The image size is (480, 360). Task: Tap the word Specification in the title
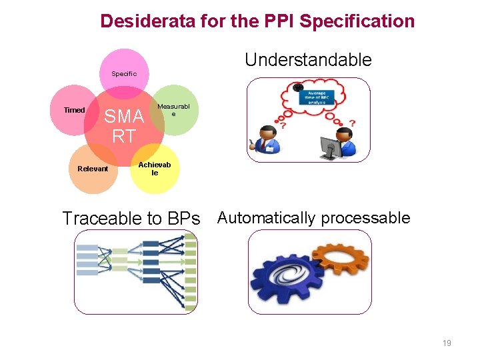tap(357, 21)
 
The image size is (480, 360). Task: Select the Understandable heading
tap(308, 60)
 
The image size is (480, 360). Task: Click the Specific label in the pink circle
tap(124, 74)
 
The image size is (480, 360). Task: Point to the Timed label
tap(74, 110)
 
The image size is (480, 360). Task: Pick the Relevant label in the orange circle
tap(92, 169)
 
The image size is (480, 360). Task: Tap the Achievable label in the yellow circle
tap(155, 169)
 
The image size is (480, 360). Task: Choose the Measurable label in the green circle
tap(173, 110)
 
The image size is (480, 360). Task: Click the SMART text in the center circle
tap(124, 126)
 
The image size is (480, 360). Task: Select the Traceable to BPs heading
tap(131, 218)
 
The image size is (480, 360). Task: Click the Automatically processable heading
tap(313, 218)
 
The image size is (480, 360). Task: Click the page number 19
tap(447, 343)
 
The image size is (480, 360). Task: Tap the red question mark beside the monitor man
tap(352, 124)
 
